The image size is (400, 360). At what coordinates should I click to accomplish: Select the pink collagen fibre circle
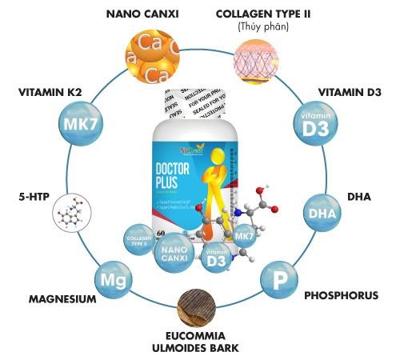tap(254, 61)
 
